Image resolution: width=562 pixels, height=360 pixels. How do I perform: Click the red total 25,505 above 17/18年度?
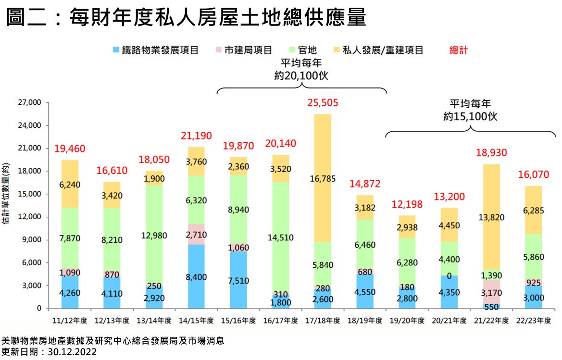(x=323, y=103)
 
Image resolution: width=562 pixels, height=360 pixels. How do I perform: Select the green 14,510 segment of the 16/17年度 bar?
(x=280, y=237)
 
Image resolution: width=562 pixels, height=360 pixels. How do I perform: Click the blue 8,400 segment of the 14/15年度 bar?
(x=196, y=276)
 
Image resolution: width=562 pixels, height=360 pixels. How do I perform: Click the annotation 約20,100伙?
(x=301, y=76)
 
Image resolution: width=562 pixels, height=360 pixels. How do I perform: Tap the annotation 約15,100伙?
(x=470, y=116)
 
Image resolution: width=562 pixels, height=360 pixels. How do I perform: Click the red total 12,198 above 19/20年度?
(x=407, y=205)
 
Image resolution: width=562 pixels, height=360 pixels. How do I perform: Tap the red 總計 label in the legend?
(x=458, y=50)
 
